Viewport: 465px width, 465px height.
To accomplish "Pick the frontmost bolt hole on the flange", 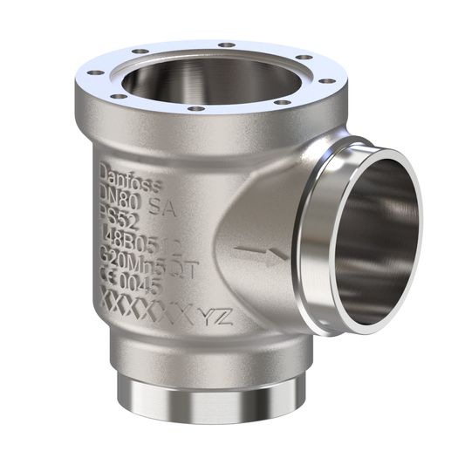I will tap(196, 109).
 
